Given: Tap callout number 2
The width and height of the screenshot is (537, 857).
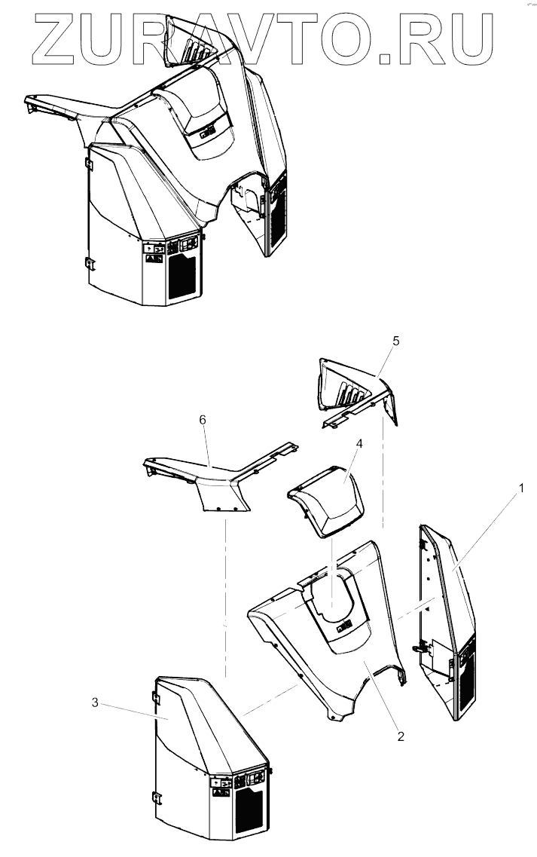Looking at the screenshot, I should pyautogui.click(x=401, y=736).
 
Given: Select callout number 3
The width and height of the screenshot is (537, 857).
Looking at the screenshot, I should pyautogui.click(x=95, y=702).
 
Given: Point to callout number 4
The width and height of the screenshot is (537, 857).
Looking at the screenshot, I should pyautogui.click(x=359, y=443).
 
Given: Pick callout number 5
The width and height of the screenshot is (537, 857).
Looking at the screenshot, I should pyautogui.click(x=396, y=341).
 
